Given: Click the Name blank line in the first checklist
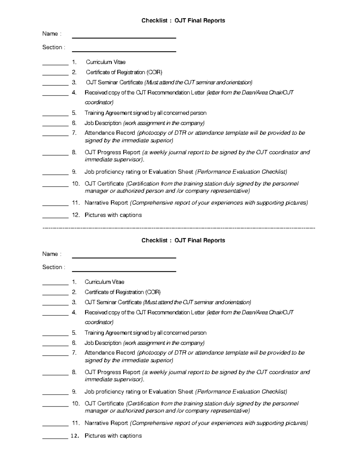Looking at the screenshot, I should pyautogui.click(x=124, y=38).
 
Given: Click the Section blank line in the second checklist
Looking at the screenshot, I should pyautogui.click(x=124, y=271).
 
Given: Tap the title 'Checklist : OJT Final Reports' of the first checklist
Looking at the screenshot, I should pyautogui.click(x=183, y=21).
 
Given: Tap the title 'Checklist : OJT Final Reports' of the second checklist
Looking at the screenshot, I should pyautogui.click(x=183, y=240).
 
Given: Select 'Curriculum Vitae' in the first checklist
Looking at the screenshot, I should pyautogui.click(x=106, y=62).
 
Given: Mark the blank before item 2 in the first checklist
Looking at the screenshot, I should pyautogui.click(x=55, y=74).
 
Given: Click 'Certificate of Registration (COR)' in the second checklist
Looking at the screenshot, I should pyautogui.click(x=122, y=292).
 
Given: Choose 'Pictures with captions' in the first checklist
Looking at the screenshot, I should pyautogui.click(x=113, y=215).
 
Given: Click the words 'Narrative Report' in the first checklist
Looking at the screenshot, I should pyautogui.click(x=106, y=203).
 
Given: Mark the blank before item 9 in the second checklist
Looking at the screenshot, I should pyautogui.click(x=55, y=394).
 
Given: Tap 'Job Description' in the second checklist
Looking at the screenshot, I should pyautogui.click(x=103, y=343).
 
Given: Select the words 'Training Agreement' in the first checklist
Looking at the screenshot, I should pyautogui.click(x=108, y=113).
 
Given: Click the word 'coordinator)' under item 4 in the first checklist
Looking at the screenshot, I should pyautogui.click(x=99, y=103).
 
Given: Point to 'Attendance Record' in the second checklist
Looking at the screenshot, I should pyautogui.click(x=109, y=353).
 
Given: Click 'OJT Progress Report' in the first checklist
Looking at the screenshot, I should pyautogui.click(x=112, y=152).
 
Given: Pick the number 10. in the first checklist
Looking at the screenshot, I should pyautogui.click(x=76, y=184).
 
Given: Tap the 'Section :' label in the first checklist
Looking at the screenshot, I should pyautogui.click(x=53, y=47).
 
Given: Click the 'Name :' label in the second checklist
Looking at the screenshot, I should pyautogui.click(x=52, y=254).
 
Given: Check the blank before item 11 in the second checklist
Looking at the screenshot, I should pyautogui.click(x=55, y=425).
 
